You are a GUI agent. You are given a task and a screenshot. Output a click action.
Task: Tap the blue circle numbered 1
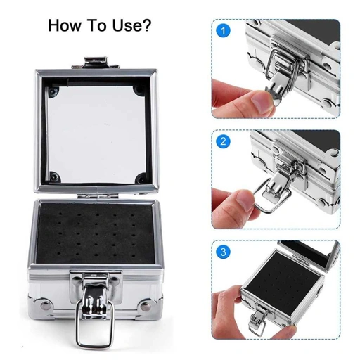(x=224, y=31)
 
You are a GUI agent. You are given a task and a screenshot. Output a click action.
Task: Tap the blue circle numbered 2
(x=224, y=141)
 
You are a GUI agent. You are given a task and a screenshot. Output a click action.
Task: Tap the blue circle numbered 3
(x=224, y=250)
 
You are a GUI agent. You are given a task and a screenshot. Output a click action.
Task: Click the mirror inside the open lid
(x=97, y=130)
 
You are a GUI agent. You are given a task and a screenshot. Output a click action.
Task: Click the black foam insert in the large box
(x=96, y=229)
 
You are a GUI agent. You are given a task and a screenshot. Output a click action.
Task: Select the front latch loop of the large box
(x=92, y=328)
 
